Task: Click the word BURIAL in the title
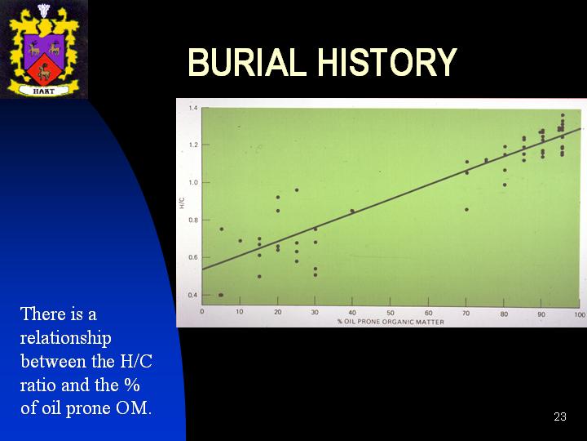[245, 62]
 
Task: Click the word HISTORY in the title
[387, 62]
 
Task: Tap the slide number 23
[560, 416]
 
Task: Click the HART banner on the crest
[44, 91]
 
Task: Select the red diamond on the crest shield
[44, 69]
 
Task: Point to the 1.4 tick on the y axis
[192, 108]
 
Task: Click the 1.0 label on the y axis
[192, 182]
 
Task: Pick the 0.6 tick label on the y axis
[192, 257]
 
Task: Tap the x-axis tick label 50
[391, 313]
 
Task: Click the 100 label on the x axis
[580, 314]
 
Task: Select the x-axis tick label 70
[466, 313]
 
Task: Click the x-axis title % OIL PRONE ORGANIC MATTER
[391, 322]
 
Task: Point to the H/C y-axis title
[183, 203]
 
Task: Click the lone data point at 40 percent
[352, 212]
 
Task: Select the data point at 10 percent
[241, 241]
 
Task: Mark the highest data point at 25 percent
[297, 190]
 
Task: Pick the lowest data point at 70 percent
[466, 210]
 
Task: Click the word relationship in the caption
[65, 339]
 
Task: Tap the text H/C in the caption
[136, 362]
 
